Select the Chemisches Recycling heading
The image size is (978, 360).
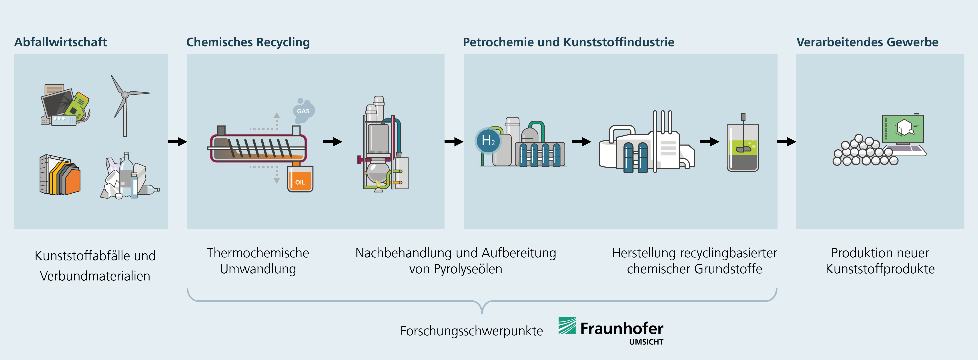click(x=248, y=42)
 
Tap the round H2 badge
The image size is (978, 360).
click(x=488, y=140)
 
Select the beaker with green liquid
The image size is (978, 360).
click(x=743, y=148)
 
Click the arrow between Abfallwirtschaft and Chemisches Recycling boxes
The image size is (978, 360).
click(x=177, y=142)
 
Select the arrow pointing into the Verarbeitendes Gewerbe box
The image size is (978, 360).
click(x=787, y=142)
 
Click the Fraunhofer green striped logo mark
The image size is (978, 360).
click(x=567, y=325)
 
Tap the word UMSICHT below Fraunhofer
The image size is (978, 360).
click(x=646, y=342)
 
